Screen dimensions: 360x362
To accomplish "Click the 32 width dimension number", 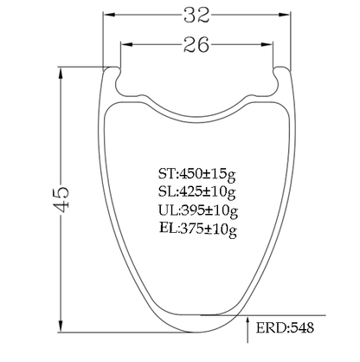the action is (x=196, y=15).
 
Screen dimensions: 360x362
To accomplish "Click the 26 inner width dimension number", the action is (x=196, y=44).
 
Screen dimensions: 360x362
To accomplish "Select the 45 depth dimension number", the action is (x=61, y=199).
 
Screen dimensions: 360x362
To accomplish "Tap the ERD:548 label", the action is (x=285, y=327).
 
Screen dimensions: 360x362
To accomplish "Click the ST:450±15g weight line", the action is (x=197, y=174).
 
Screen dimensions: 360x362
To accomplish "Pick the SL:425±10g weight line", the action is (x=197, y=192).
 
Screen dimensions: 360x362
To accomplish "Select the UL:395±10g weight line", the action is (x=198, y=210).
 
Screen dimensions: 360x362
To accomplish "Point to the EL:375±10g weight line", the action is (x=198, y=229).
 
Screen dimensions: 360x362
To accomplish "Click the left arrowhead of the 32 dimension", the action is (x=109, y=15).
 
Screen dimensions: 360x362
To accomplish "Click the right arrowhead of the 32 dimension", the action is (x=284, y=15).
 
